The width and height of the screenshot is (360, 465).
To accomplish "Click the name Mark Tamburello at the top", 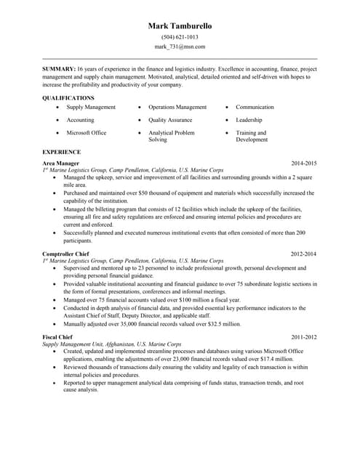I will pos(180,25).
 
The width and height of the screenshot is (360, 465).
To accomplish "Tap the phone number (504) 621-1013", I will pos(180,36).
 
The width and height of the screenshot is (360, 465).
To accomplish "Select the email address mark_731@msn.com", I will pos(180,46).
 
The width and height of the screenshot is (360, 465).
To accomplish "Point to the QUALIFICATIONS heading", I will pos(68,97).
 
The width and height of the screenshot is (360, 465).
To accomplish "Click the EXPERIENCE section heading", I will pos(62,152).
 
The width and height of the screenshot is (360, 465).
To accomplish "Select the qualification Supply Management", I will pos(91,107).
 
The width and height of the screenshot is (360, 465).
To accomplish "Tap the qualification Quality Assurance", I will pos(170,120).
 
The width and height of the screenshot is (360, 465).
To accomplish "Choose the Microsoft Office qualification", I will pos(87,133).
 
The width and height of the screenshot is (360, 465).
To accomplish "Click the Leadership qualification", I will pos(249,120).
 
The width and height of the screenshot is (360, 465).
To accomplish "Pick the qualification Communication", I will pos(255,107).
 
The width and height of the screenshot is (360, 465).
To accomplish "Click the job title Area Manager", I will pos(60,163).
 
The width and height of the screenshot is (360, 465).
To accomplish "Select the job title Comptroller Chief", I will pos(67,254).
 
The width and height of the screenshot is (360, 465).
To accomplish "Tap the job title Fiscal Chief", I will pos(57,337).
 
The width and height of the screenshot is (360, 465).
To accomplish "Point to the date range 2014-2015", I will pos(304,163).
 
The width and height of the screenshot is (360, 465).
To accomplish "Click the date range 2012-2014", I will pos(304,254).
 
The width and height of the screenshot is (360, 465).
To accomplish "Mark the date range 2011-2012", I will pos(304,337).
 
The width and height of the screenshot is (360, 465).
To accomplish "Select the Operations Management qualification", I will pos(177,107).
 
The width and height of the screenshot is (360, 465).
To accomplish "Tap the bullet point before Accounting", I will pos(57,120).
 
